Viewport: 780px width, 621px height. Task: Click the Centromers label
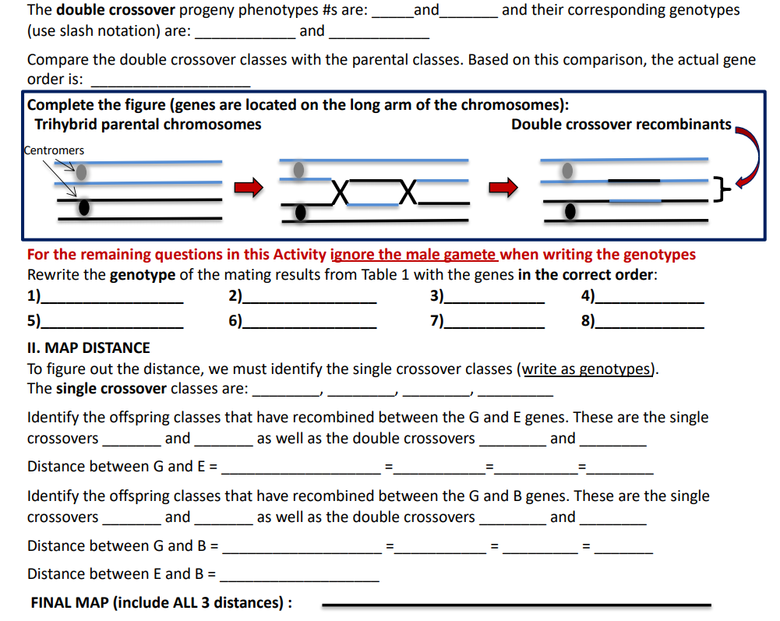tap(54, 150)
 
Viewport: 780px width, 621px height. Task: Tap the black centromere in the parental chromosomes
tap(83, 207)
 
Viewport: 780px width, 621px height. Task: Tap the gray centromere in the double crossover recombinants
tap(568, 169)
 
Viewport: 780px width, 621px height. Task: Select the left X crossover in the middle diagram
tap(338, 191)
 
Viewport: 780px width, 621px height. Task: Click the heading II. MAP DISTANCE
tap(88, 348)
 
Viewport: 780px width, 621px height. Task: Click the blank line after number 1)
tap(112, 300)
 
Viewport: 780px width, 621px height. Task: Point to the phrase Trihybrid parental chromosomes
tap(147, 125)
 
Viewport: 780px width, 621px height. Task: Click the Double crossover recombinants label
tap(621, 125)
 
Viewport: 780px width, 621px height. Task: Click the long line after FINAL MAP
tap(516, 604)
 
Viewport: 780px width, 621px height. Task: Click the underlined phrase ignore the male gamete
tap(414, 254)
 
